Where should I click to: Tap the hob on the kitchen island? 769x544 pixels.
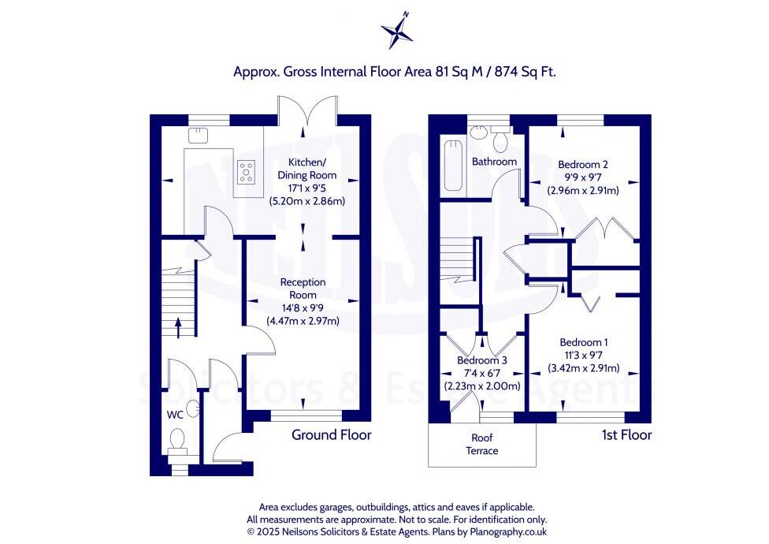click(x=247, y=171)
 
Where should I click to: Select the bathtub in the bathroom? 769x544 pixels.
click(x=452, y=164)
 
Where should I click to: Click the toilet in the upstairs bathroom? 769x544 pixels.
click(x=500, y=139)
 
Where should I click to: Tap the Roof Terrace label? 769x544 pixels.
click(x=482, y=444)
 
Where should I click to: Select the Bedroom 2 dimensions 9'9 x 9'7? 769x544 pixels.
click(x=583, y=177)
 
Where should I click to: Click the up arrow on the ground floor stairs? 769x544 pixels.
click(x=177, y=326)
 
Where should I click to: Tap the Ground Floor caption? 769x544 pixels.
click(x=331, y=434)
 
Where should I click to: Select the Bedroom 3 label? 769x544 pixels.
click(x=482, y=360)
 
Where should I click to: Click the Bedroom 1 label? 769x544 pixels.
click(x=584, y=342)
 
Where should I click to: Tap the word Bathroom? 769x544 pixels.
click(x=494, y=162)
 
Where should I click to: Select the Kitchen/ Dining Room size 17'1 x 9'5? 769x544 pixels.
click(x=306, y=188)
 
